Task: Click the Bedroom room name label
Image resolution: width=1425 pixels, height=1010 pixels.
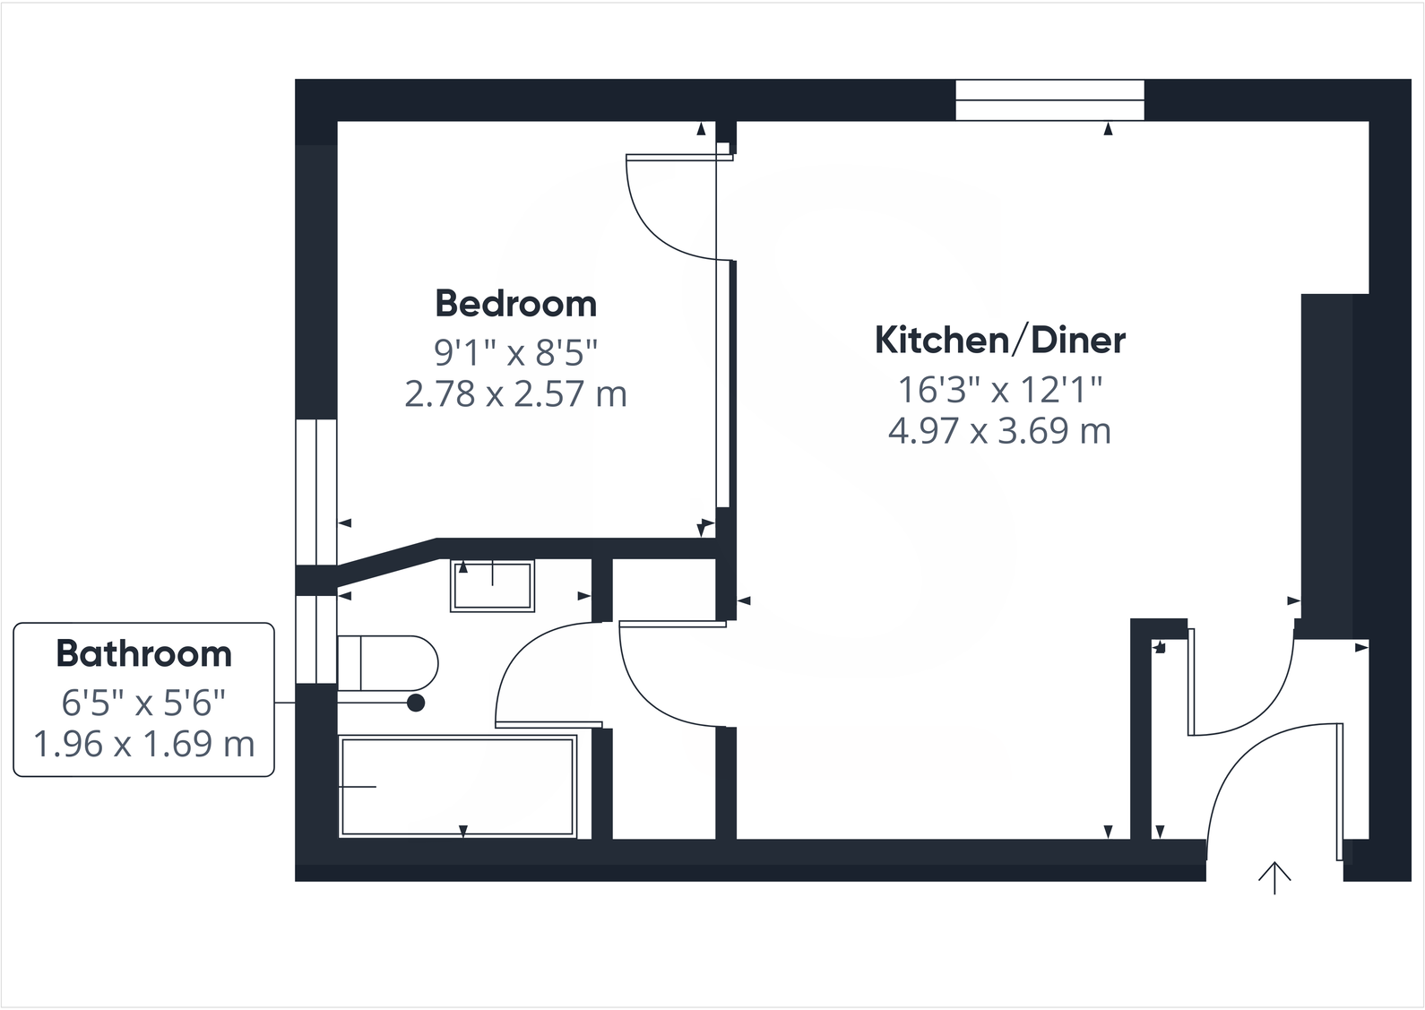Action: [x=515, y=304]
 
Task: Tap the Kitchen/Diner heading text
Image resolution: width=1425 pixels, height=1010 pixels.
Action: [x=999, y=341]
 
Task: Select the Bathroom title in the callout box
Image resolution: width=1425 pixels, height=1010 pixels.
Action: [x=143, y=654]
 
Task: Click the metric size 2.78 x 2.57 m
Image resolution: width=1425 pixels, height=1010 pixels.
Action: [x=515, y=394]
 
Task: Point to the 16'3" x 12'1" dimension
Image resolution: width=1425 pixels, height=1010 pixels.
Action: [x=999, y=390]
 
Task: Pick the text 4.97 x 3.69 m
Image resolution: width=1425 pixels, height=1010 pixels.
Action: [x=999, y=431]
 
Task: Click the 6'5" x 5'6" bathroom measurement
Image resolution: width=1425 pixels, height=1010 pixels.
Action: [x=143, y=704]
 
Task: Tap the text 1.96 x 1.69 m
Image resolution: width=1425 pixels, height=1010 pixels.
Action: [x=143, y=744]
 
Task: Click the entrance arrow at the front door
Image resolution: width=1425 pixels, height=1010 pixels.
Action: [x=1274, y=877]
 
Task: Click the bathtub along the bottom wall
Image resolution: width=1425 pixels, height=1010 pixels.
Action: [x=457, y=786]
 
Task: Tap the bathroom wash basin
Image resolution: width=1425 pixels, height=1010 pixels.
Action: [x=492, y=585]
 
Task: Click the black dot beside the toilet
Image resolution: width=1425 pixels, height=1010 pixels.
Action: [x=416, y=704]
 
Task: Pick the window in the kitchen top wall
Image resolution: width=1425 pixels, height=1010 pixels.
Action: [x=1049, y=99]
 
